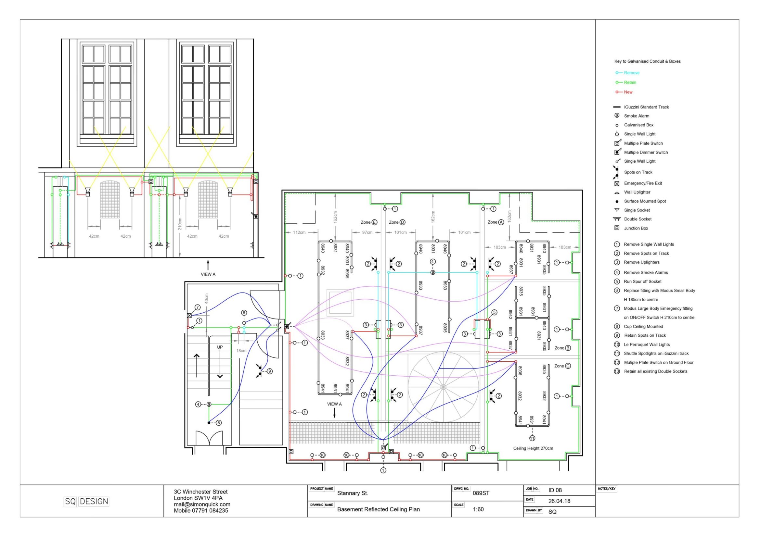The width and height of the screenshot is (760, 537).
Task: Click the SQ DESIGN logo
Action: [86, 501]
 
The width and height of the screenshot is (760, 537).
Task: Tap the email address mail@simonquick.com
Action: [202, 504]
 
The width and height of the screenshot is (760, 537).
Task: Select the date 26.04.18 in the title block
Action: [559, 501]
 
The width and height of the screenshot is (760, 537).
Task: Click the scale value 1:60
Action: [478, 509]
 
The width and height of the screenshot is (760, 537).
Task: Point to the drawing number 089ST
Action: [481, 493]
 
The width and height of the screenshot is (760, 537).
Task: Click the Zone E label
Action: [369, 222]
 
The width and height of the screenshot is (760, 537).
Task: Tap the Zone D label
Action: [397, 222]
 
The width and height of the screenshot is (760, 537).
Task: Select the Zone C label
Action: [562, 366]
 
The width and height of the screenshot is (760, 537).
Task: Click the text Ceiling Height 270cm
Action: [533, 448]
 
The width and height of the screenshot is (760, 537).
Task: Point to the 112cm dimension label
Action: [299, 232]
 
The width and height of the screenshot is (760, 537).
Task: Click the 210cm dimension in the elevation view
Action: [180, 224]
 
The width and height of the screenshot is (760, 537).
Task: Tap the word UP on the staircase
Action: [220, 347]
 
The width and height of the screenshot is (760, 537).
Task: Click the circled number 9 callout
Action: [270, 371]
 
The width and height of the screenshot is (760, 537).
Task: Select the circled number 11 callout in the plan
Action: [532, 438]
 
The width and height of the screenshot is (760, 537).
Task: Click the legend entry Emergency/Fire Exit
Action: [643, 183]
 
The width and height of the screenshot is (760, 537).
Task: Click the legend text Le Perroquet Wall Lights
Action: [647, 344]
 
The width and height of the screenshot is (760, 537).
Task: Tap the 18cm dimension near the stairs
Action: [241, 351]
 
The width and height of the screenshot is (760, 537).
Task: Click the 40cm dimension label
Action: [207, 299]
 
